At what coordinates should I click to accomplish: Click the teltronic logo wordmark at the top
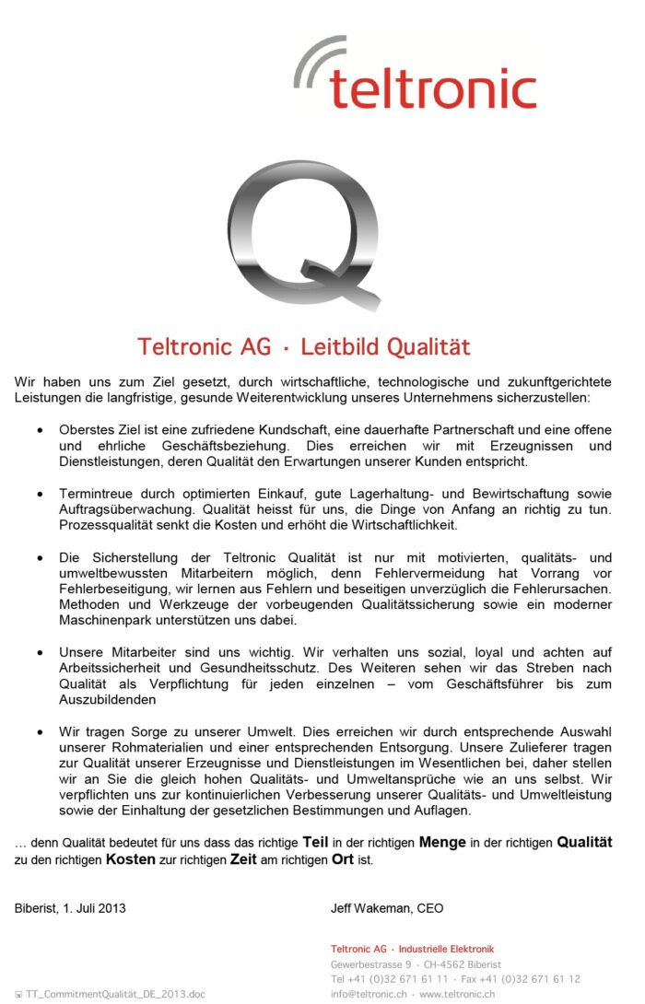432,88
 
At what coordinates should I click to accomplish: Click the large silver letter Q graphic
303,234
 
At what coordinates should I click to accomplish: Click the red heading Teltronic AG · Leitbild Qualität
304,346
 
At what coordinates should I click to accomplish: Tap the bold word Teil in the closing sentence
315,842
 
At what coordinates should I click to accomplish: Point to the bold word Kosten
130,859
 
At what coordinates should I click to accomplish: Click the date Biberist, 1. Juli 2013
70,907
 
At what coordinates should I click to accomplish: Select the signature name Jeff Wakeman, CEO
387,907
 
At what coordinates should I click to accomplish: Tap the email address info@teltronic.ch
369,994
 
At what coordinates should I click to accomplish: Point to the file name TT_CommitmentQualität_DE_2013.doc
115,994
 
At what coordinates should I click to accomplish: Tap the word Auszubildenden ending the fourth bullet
107,699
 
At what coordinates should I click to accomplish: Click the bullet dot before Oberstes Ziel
39,430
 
